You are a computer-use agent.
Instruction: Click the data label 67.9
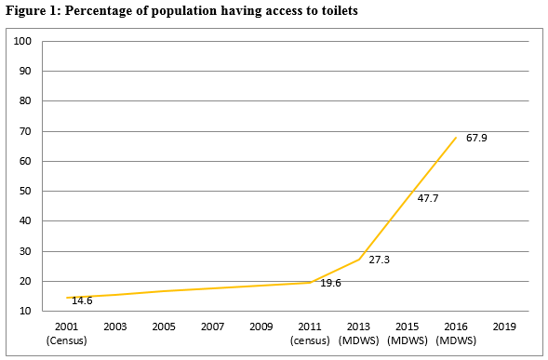point(477,139)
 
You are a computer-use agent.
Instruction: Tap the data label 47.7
point(429,199)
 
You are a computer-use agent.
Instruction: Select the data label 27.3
point(379,260)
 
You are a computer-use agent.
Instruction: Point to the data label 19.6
point(331,283)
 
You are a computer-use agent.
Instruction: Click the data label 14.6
point(83,300)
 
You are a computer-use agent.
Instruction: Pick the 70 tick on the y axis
point(26,132)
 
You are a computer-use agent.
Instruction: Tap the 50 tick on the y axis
point(26,192)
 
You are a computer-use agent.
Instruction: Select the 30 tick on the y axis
point(26,252)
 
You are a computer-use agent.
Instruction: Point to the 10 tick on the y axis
point(26,312)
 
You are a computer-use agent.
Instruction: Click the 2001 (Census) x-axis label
point(66,333)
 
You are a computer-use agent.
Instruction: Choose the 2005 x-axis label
point(163,327)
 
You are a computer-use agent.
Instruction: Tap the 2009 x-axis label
point(261,327)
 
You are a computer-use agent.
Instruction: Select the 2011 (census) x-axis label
point(309,333)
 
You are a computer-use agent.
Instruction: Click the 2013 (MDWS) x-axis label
point(358,333)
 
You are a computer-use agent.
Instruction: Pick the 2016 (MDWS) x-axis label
point(455,333)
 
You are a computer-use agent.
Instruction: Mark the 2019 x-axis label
point(504,327)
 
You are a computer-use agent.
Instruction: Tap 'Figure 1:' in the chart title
point(31,10)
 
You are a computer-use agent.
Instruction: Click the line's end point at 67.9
point(455,138)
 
